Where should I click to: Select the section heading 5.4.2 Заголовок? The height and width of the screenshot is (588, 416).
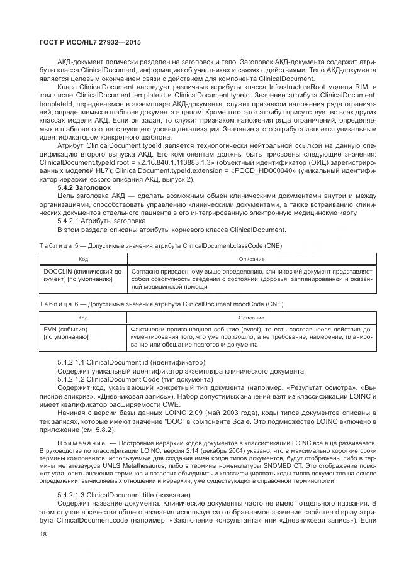click(84, 187)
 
